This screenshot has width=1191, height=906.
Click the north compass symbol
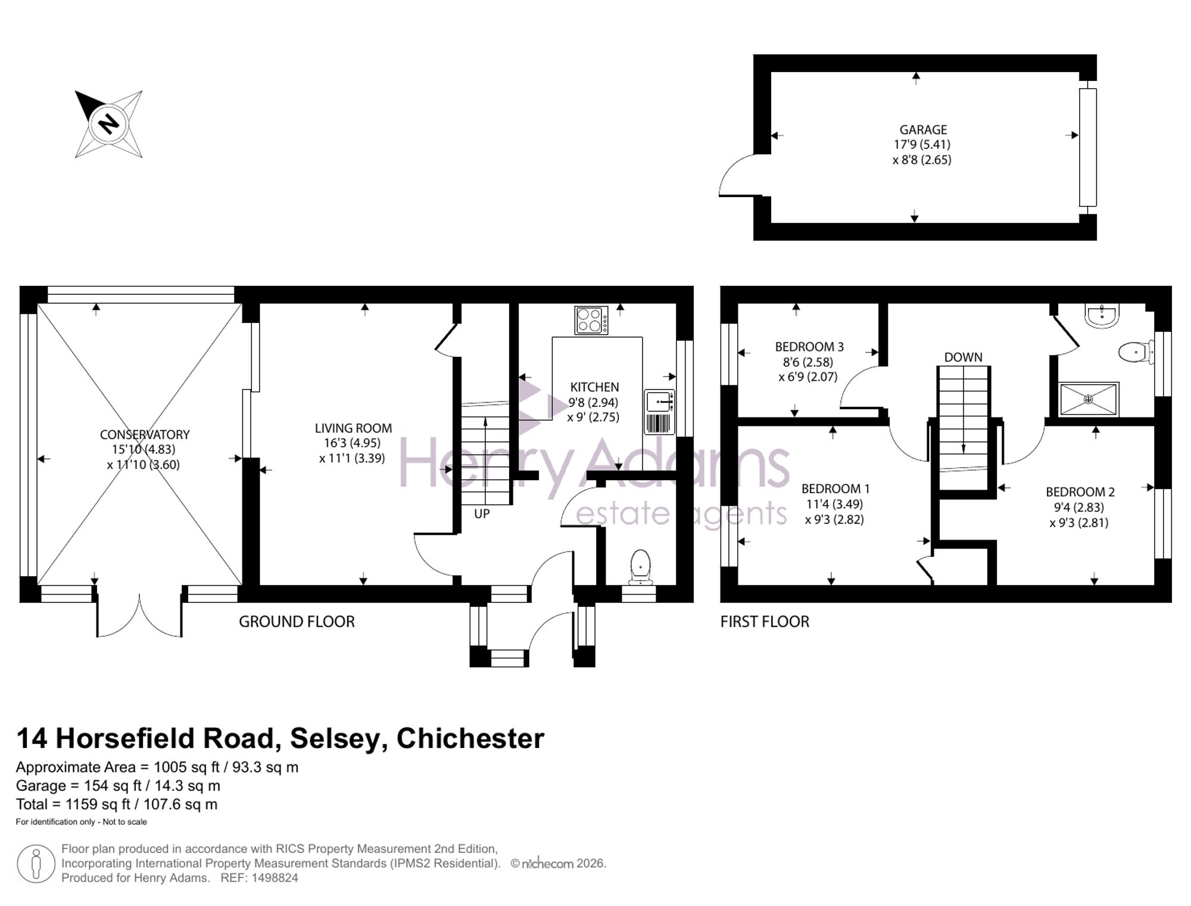[108, 124]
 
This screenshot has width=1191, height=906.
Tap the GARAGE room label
[923, 129]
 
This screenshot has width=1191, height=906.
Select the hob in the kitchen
[591, 320]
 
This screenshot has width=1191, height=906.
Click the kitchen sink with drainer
[659, 412]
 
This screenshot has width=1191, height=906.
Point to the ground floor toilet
[640, 566]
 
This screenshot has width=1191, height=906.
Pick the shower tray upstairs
[1089, 399]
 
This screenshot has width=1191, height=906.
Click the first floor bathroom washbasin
[1102, 316]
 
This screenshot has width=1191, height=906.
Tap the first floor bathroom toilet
[1136, 351]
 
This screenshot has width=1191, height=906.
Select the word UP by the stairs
[482, 513]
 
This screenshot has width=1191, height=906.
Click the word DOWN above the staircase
[963, 357]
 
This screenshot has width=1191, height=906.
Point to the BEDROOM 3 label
[809, 347]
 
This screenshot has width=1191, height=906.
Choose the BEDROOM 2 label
[1080, 492]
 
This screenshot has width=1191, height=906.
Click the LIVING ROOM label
[353, 428]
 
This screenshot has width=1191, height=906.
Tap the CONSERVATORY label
[145, 435]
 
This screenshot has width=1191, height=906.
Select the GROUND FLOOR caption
[297, 622]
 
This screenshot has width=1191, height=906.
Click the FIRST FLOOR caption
[765, 622]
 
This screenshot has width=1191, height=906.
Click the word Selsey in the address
[335, 739]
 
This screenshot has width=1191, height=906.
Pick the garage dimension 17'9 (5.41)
[922, 145]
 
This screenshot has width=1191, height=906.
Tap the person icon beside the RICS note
[36, 864]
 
